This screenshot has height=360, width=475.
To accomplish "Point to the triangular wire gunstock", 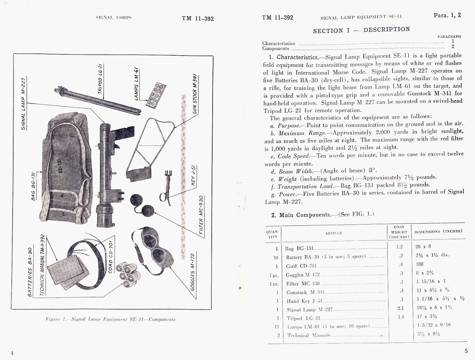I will pos(147,147).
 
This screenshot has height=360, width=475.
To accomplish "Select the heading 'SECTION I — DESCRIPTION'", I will pos(361,30).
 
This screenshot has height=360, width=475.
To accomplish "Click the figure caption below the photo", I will pos(110,319).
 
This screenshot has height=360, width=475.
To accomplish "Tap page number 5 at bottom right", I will pos(466,351).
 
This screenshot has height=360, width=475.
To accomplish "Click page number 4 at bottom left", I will pos(12,353).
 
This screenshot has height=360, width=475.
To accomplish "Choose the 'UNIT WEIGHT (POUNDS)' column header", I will pos(399,232).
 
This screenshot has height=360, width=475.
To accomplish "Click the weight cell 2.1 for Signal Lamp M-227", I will pos(401,308).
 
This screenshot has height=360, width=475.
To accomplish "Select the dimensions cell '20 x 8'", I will pos(423,246).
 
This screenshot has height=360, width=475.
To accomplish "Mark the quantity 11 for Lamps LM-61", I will pos(277,327).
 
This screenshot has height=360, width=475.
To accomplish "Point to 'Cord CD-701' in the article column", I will pos(301,266).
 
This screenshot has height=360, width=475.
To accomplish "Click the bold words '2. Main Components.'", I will pos(304,215).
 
